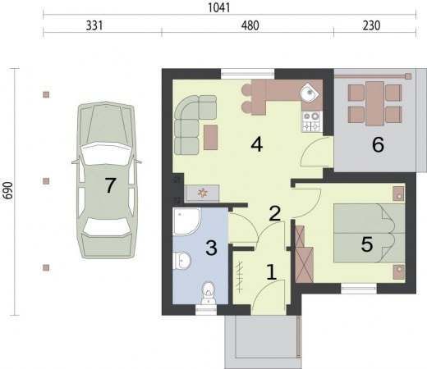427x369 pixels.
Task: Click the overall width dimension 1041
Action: coord(219,7)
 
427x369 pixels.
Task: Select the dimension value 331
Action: coord(94,25)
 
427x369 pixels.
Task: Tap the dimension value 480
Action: coord(250,25)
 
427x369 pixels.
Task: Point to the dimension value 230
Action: coord(372,25)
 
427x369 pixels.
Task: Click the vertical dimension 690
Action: coord(8,190)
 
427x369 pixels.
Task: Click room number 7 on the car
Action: coord(110,185)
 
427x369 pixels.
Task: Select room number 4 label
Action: coord(257,144)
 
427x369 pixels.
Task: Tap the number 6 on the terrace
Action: coord(378,144)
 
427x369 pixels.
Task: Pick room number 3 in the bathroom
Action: coord(211,248)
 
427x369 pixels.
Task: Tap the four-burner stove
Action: coord(312,121)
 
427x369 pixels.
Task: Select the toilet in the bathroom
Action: coord(209,293)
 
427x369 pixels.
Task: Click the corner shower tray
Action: coord(186,221)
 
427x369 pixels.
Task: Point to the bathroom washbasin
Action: coord(181,261)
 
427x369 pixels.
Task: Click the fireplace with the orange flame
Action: coord(202,194)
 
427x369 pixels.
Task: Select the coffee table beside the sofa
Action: coord(211,138)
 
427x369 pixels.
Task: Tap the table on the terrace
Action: coord(374,103)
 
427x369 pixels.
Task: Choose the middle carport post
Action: coord(46,181)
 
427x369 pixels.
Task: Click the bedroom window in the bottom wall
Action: coord(359,289)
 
